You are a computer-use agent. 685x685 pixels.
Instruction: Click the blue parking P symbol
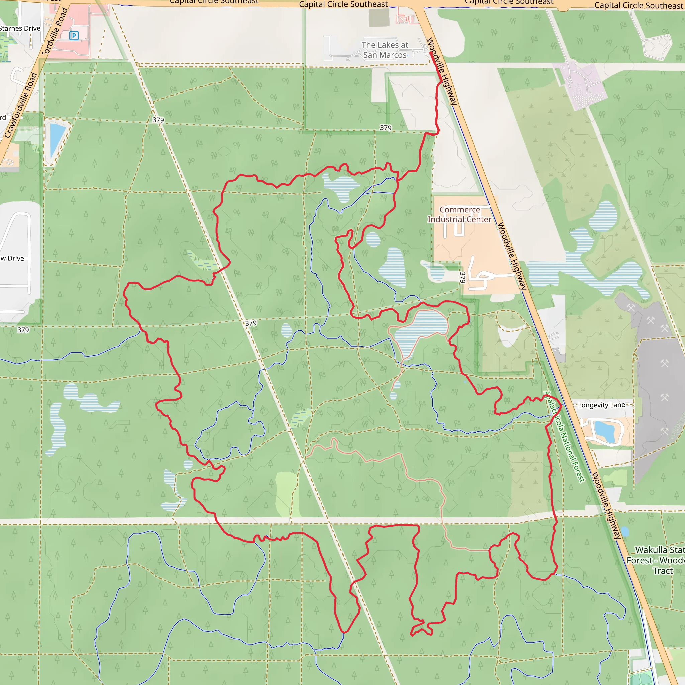click(74, 36)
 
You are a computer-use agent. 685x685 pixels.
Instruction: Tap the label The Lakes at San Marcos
click(385, 50)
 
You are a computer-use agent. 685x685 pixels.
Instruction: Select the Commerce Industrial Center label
click(460, 214)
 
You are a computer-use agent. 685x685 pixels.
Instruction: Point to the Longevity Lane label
click(601, 405)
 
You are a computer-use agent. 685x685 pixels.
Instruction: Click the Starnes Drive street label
click(20, 28)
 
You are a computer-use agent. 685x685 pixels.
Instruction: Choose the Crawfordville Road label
click(20, 105)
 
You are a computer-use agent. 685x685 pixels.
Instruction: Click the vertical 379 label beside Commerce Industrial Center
click(462, 277)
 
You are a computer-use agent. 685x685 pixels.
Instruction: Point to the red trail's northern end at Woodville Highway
click(431, 53)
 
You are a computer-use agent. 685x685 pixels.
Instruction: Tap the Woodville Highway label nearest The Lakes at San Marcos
click(442, 71)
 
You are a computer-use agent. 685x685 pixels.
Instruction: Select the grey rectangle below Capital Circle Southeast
click(379, 17)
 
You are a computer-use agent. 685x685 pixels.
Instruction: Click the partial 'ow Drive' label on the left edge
click(12, 258)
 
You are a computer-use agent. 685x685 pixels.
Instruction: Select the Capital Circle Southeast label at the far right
click(638, 5)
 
